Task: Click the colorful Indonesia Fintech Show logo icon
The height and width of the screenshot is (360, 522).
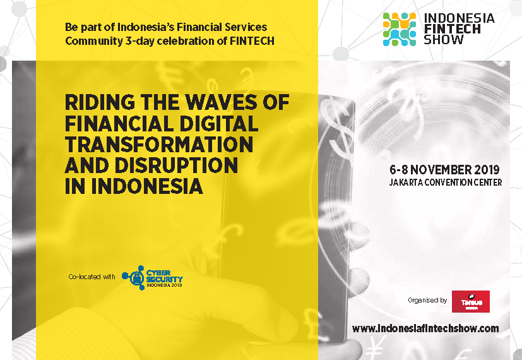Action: [x=400, y=29]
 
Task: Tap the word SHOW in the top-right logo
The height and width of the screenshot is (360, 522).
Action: [x=444, y=40]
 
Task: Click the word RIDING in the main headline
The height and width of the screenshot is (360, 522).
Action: [x=100, y=102]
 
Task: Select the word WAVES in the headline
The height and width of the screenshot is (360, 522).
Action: [x=222, y=102]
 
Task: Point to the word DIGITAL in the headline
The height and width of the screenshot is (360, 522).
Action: [x=218, y=124]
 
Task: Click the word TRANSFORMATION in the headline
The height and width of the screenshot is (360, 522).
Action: [x=159, y=145]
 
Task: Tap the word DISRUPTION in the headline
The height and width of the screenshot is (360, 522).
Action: [x=176, y=165]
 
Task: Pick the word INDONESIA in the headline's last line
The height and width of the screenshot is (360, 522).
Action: [x=147, y=186]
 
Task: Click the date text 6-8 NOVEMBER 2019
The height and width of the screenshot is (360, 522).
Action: [x=444, y=170]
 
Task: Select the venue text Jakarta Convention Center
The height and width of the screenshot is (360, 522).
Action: [x=446, y=183]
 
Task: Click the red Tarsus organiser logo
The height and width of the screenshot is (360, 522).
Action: [x=470, y=301]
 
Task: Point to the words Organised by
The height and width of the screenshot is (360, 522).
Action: [x=427, y=301]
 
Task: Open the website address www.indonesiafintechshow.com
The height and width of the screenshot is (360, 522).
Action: [x=425, y=328]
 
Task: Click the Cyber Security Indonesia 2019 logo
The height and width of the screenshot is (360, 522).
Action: [x=152, y=278]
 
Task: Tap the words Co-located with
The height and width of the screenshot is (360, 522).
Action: [x=92, y=277]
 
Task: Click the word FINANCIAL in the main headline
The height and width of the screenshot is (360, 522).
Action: [x=119, y=124]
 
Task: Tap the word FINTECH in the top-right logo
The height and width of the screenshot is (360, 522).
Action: [x=453, y=29]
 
